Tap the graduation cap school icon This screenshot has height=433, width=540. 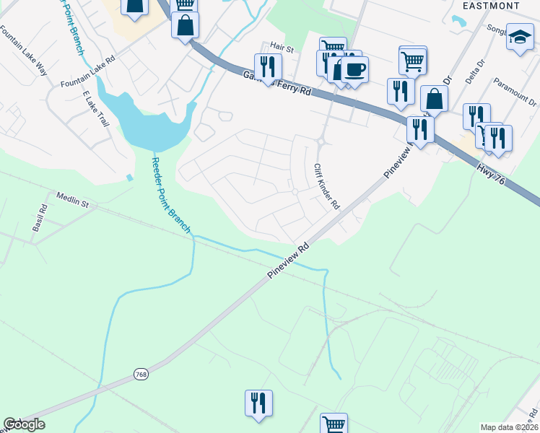tap(520, 38)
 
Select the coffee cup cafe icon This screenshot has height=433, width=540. tap(354, 70)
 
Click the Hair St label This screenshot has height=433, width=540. tap(282, 49)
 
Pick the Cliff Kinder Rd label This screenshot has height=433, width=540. tap(326, 186)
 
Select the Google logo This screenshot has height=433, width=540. tap(24, 424)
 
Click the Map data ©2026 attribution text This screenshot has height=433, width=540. tap(509, 427)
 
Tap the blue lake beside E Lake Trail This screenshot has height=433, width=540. tap(152, 123)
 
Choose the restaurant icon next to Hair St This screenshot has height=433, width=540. tap(268, 66)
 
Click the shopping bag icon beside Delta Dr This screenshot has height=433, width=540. tap(434, 98)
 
